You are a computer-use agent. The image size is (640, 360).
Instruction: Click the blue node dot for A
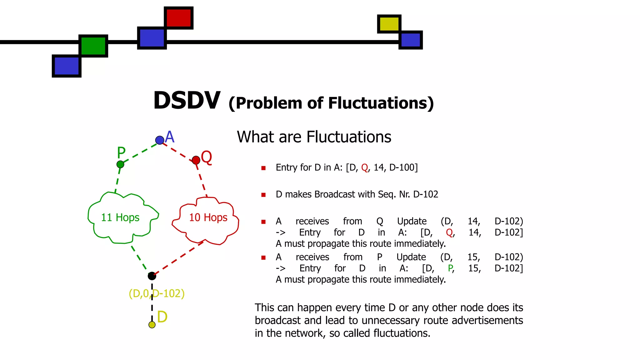click(x=160, y=140)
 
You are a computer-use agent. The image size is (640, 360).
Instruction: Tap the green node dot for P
click(x=120, y=164)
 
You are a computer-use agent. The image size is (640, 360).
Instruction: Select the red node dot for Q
click(x=196, y=160)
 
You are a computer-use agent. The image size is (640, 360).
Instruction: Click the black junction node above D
click(x=152, y=276)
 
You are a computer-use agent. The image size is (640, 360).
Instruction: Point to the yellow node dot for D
click(x=152, y=325)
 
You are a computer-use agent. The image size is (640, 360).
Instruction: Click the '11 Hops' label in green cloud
click(x=120, y=217)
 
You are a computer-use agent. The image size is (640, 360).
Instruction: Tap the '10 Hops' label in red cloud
click(x=208, y=217)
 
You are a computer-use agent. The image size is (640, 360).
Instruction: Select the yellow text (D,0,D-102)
click(x=157, y=293)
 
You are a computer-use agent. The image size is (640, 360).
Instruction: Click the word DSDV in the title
click(x=187, y=101)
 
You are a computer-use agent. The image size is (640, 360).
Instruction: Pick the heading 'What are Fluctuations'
click(x=314, y=137)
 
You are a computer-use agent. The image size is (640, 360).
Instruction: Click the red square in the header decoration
click(x=178, y=18)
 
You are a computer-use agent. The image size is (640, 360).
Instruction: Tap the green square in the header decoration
click(x=93, y=46)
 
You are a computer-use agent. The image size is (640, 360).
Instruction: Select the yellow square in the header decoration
click(x=389, y=24)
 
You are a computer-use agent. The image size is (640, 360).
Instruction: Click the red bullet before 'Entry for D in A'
click(x=263, y=168)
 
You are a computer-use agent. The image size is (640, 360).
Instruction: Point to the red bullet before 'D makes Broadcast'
click(x=263, y=195)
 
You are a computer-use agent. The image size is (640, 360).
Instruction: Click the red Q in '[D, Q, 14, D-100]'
click(x=364, y=168)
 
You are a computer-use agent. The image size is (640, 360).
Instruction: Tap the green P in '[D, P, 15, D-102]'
click(x=450, y=268)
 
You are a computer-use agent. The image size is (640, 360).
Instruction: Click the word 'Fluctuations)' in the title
click(x=381, y=103)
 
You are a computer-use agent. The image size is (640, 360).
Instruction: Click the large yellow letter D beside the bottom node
click(x=162, y=317)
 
